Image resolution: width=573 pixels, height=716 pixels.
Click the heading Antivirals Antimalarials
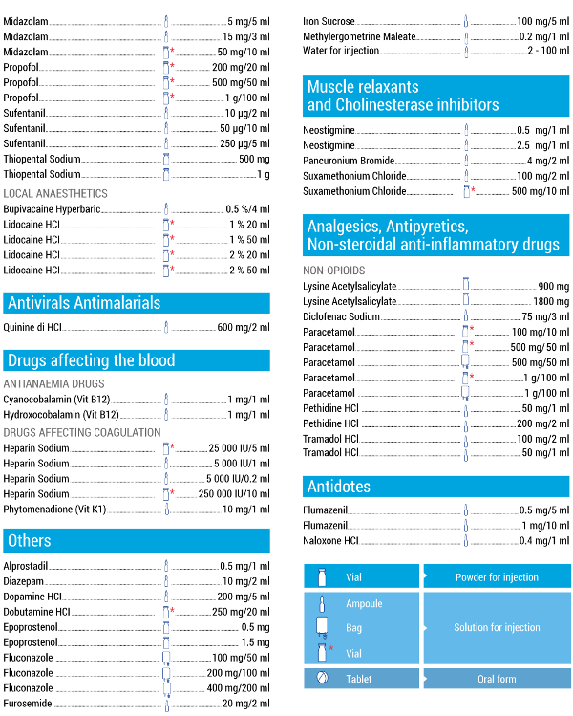point(84,303)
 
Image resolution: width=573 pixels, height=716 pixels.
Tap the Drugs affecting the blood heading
point(91,360)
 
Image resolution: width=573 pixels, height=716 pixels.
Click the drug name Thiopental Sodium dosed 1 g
point(42,174)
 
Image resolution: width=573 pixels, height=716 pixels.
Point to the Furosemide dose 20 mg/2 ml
point(245,704)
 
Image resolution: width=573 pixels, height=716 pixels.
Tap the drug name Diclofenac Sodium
point(342,316)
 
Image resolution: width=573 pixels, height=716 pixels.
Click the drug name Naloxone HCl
point(330,540)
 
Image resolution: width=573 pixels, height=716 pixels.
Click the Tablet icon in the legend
point(322,679)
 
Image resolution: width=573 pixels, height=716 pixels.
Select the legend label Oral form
point(497,680)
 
